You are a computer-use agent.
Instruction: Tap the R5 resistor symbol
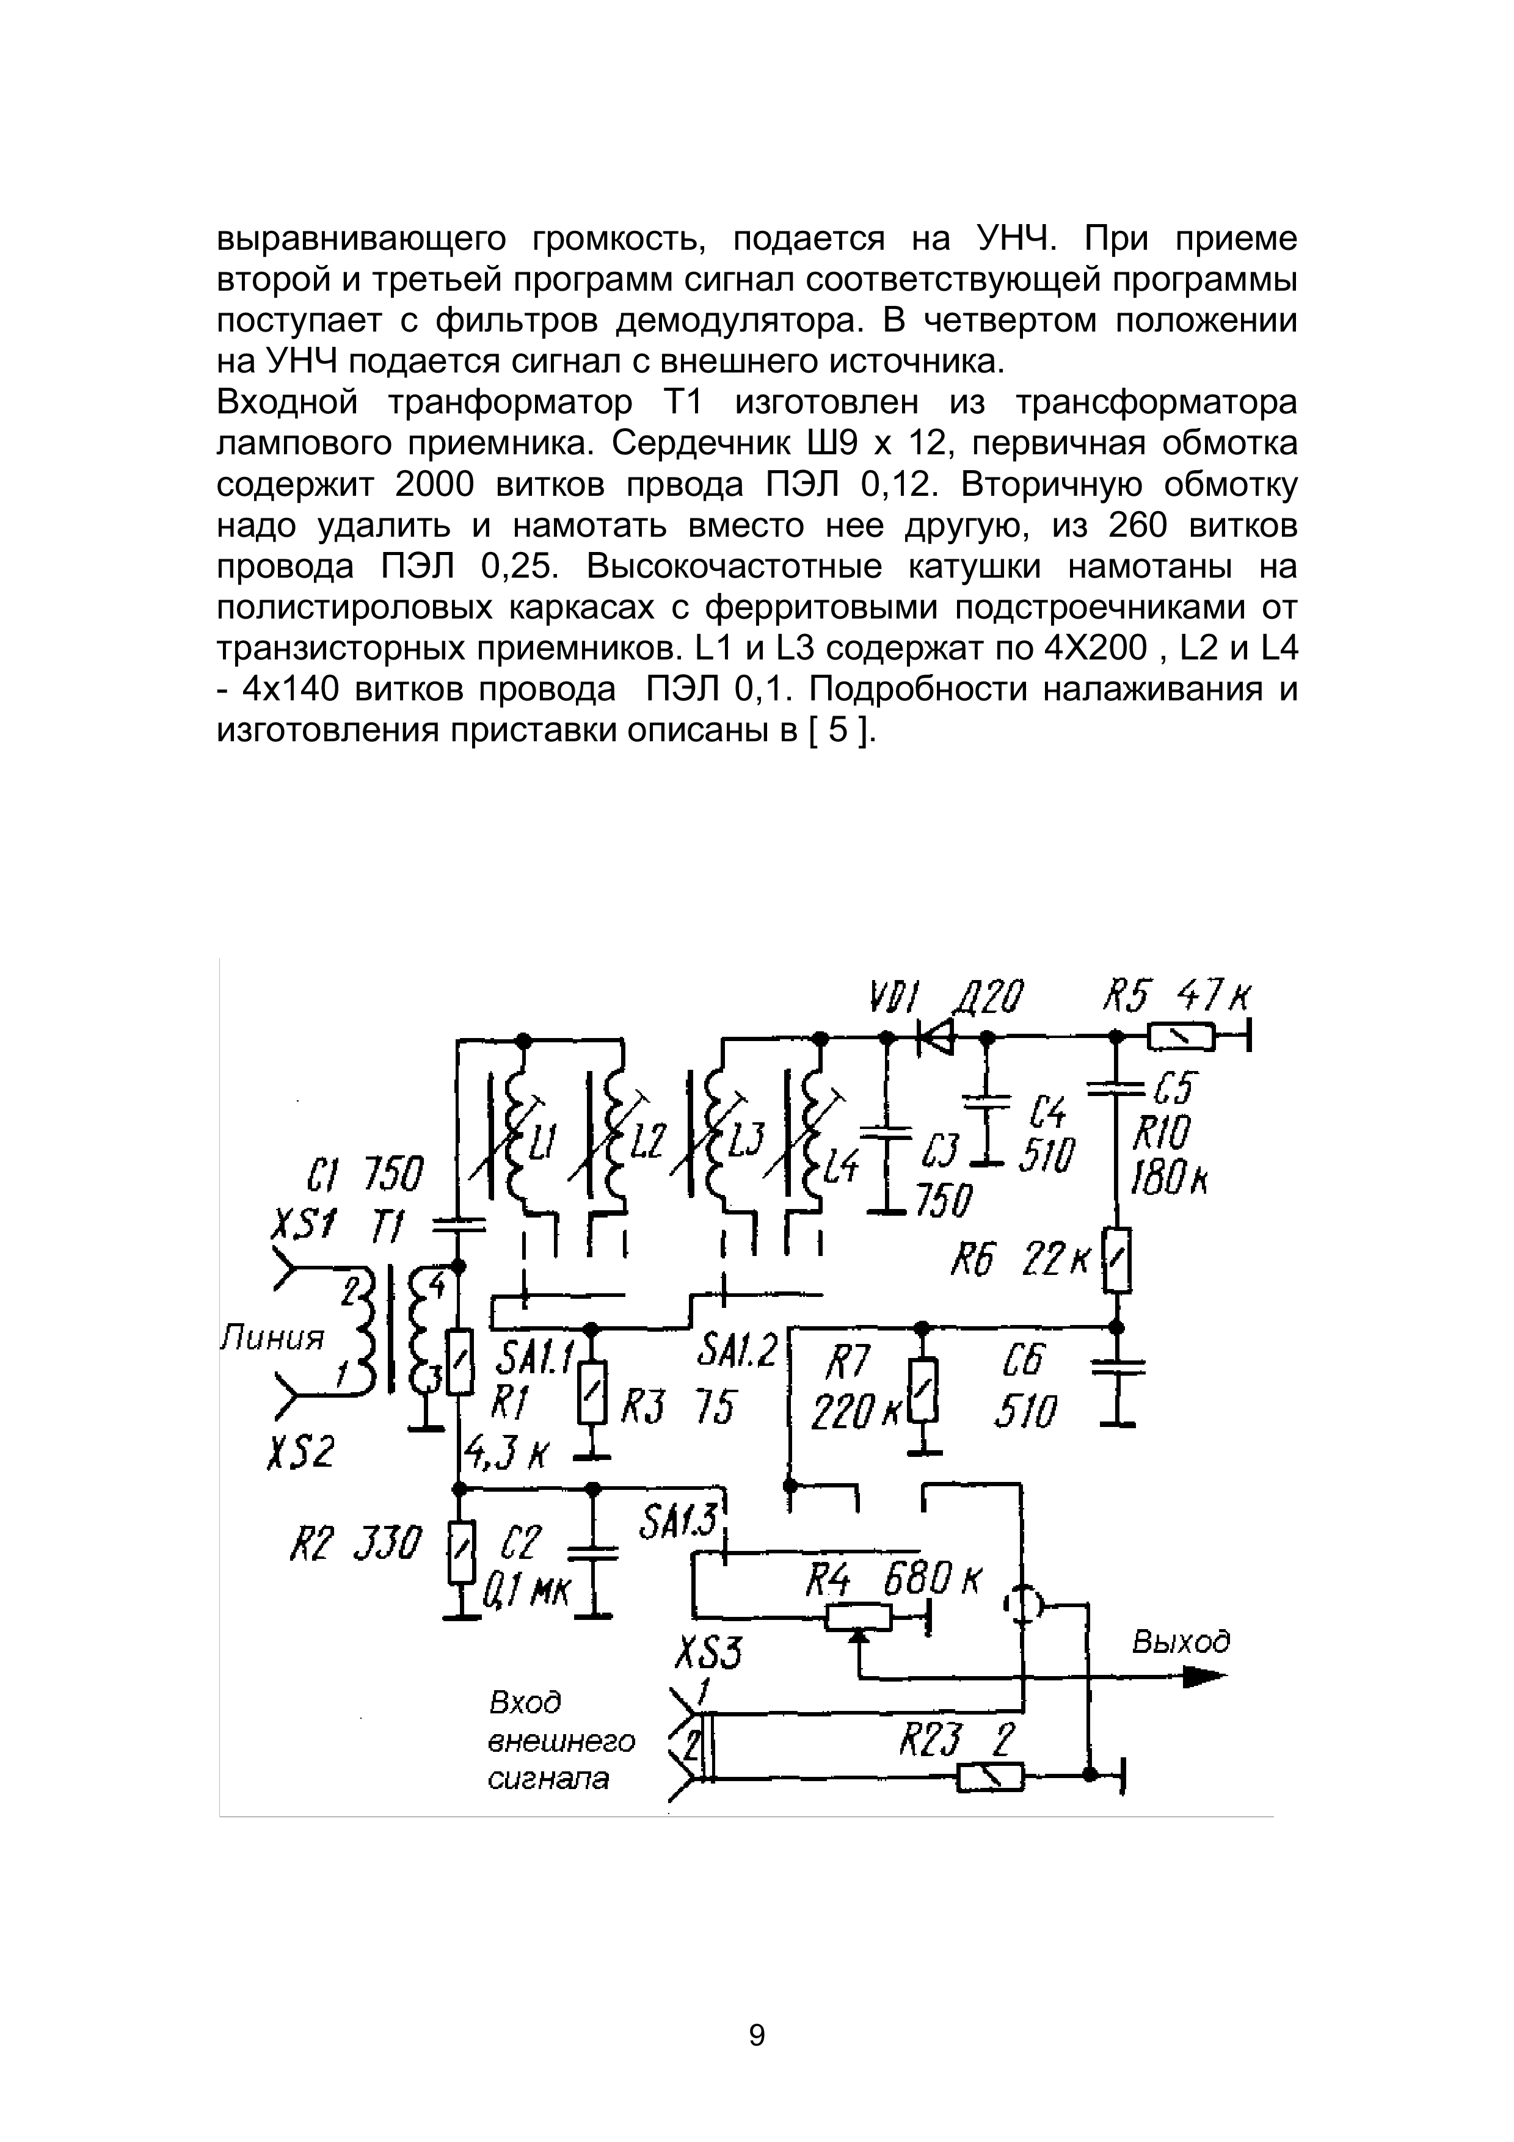tap(1181, 1036)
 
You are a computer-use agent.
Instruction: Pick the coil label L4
tap(842, 1166)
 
